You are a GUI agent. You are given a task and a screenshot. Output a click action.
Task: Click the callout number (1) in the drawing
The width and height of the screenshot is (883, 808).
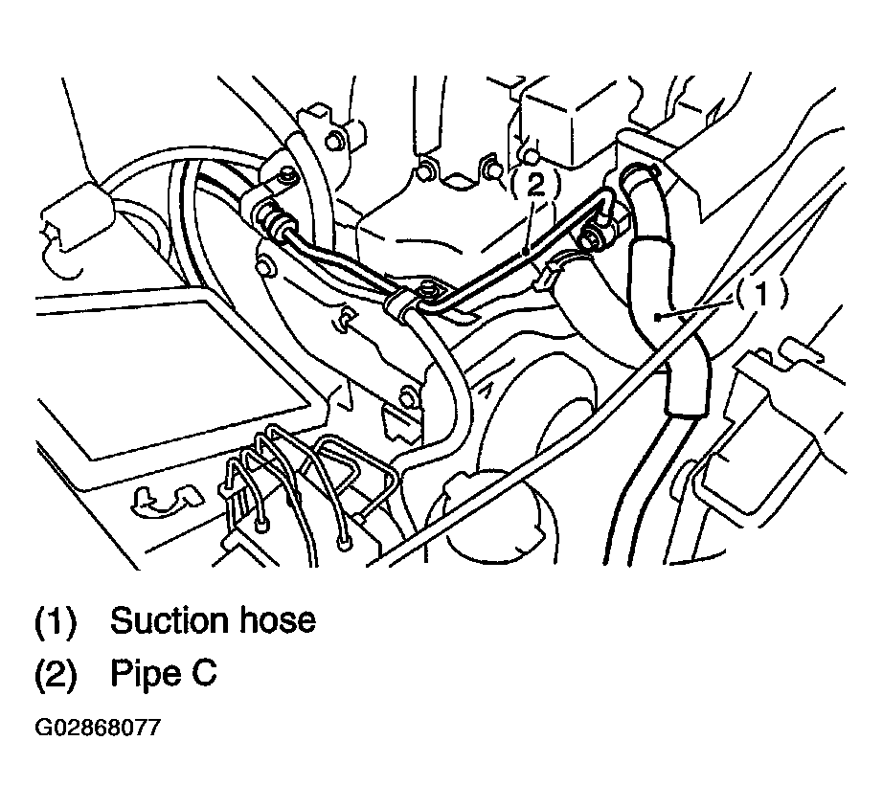(x=760, y=294)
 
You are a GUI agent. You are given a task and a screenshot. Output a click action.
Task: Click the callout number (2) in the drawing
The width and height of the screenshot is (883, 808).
(x=535, y=184)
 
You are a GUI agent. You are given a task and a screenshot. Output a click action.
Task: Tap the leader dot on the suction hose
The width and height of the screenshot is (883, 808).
(x=657, y=317)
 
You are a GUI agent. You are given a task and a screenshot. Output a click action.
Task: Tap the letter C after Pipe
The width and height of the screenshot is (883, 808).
(x=203, y=672)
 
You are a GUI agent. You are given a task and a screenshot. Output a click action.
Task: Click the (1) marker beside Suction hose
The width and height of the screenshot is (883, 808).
(x=56, y=621)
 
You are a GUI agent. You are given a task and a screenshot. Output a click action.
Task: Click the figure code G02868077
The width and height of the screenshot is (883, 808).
(x=98, y=727)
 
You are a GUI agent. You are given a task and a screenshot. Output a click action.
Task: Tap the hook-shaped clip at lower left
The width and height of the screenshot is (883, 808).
(x=166, y=500)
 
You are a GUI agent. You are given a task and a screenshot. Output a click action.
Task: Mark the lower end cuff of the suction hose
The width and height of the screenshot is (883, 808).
(x=685, y=404)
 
